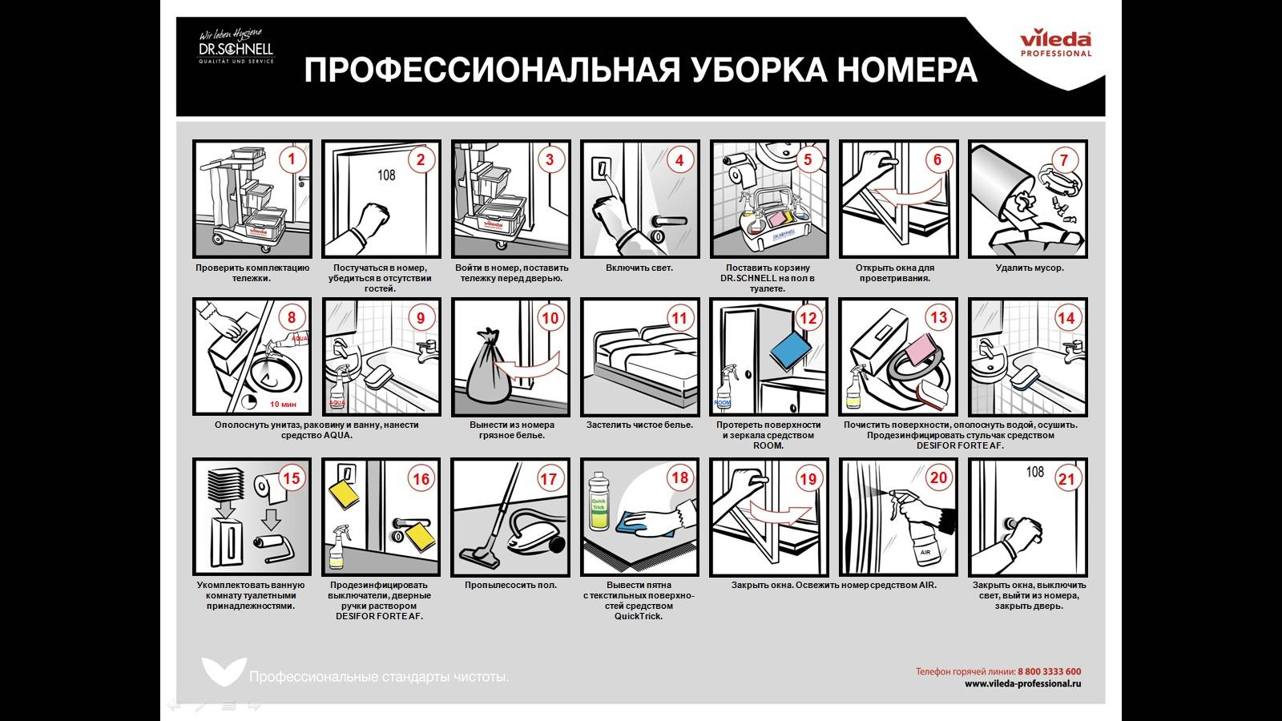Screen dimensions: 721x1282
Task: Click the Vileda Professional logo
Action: click(1055, 43)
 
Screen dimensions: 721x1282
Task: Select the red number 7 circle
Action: click(1064, 159)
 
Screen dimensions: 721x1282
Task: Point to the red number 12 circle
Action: click(808, 318)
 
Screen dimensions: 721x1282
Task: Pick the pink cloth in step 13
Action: click(926, 350)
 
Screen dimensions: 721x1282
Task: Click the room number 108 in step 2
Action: click(386, 174)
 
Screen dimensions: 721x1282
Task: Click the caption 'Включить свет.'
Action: click(639, 268)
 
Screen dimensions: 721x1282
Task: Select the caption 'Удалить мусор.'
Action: click(1030, 268)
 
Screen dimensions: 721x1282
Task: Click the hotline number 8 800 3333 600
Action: click(1049, 671)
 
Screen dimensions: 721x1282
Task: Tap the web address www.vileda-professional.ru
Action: click(1022, 684)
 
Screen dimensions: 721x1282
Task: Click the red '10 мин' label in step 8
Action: click(283, 405)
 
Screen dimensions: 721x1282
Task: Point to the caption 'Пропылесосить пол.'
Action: click(510, 585)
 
